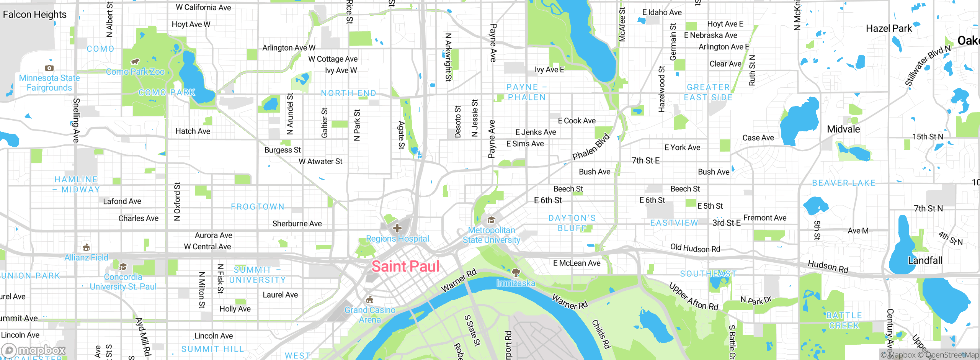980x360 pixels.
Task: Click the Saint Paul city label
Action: (x=405, y=267)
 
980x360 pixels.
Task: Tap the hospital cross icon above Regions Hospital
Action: (x=397, y=229)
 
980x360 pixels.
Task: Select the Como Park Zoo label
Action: (x=135, y=72)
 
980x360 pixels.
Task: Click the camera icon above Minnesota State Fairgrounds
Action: (x=49, y=68)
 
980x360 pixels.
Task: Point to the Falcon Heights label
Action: (x=34, y=15)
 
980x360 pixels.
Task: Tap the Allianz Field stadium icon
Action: (x=86, y=247)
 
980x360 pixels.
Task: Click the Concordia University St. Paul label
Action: (x=123, y=281)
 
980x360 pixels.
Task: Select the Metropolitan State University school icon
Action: (x=491, y=220)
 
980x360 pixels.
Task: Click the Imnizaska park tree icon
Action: (x=516, y=273)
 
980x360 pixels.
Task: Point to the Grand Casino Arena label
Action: (x=370, y=315)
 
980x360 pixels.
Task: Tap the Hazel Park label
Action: (x=889, y=28)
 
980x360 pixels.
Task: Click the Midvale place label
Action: (x=843, y=129)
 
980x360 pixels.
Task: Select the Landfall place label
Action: (x=925, y=260)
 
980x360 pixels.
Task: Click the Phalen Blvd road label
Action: (x=591, y=147)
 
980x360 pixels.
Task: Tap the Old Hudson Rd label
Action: (x=695, y=248)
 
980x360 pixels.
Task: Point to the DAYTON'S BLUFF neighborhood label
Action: (x=572, y=223)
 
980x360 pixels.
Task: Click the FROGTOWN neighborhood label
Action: (x=258, y=207)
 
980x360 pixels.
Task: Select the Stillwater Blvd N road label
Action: (x=928, y=65)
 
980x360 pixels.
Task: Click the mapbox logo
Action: (x=34, y=350)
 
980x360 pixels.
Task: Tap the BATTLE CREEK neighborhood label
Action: (x=844, y=321)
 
